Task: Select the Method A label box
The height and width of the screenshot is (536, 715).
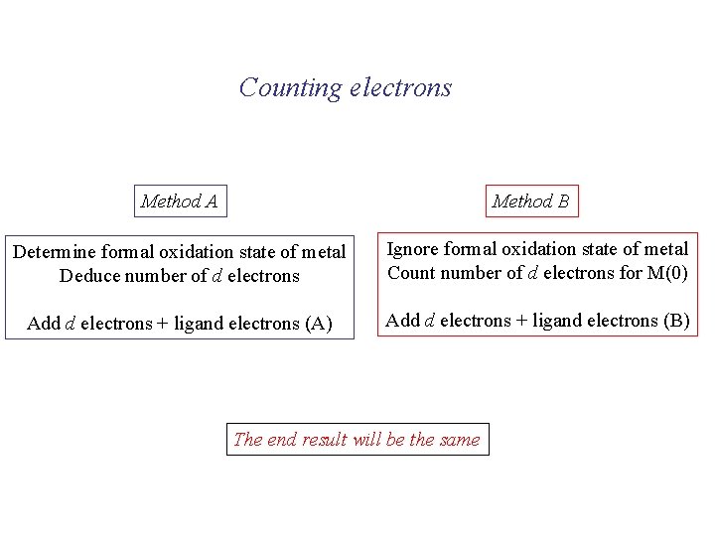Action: (180, 201)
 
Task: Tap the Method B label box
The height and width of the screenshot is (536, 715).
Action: (530, 201)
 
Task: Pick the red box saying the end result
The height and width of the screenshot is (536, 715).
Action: (357, 440)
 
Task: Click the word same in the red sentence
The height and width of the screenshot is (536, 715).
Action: (459, 440)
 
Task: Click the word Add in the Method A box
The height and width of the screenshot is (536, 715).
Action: (43, 324)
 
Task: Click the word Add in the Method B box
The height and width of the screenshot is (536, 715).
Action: (402, 320)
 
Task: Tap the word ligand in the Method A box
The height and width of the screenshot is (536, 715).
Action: (199, 324)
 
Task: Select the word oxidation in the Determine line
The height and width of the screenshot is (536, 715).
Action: (208, 253)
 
